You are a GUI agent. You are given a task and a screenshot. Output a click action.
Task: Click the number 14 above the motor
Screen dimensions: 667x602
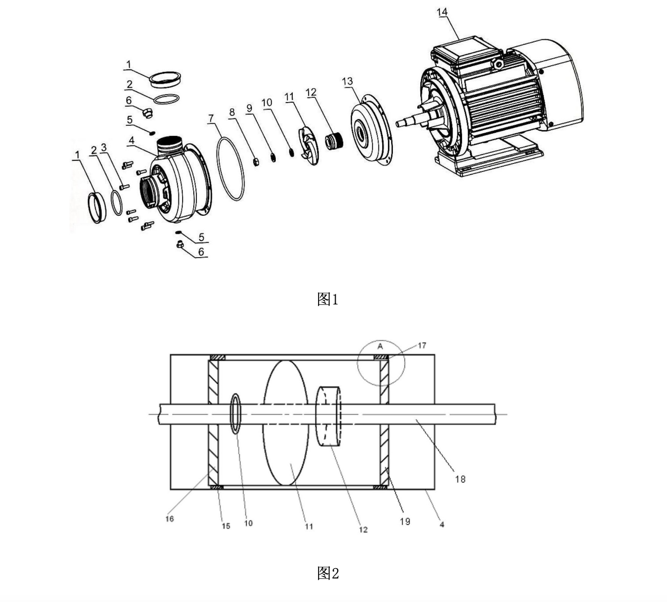(x=442, y=12)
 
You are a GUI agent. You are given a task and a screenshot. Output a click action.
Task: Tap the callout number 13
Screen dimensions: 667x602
(x=347, y=81)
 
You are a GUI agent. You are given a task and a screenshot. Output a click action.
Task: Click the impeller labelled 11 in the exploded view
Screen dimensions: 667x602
(x=308, y=144)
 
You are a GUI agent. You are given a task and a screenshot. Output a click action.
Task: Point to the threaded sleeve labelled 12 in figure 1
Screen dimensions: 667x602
(x=334, y=141)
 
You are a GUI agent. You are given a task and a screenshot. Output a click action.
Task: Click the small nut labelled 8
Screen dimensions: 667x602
(x=256, y=162)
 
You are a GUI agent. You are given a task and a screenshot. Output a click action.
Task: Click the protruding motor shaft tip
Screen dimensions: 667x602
(x=398, y=124)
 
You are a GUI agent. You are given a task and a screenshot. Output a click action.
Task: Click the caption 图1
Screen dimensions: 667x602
(x=328, y=299)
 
